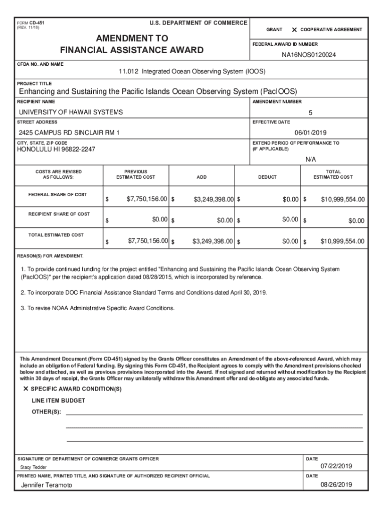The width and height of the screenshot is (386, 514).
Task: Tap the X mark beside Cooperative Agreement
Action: (294, 30)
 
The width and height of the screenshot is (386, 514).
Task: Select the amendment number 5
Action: (310, 112)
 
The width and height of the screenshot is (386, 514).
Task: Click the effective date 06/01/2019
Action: (310, 133)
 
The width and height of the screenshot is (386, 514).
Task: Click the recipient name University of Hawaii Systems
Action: (71, 112)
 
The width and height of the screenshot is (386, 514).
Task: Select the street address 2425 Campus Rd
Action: (69, 133)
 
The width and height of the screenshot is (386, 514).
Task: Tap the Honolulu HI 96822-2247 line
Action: (56, 150)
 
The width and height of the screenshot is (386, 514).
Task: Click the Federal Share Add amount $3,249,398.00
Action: (214, 200)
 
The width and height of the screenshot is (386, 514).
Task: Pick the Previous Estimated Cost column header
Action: (135, 174)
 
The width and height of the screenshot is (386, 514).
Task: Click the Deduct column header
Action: (267, 177)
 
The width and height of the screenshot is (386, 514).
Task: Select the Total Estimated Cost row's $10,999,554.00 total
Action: (342, 241)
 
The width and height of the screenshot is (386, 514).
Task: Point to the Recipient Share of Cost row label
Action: (59, 214)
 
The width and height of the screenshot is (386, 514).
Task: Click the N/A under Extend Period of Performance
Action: (311, 159)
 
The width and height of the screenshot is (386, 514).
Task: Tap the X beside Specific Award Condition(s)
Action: (26, 390)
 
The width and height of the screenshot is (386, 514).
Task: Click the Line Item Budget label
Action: (58, 401)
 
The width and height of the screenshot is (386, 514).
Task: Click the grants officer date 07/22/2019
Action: (336, 466)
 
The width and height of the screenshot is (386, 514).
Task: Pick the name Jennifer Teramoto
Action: (47, 485)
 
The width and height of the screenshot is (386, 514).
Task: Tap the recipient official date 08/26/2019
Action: (336, 485)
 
